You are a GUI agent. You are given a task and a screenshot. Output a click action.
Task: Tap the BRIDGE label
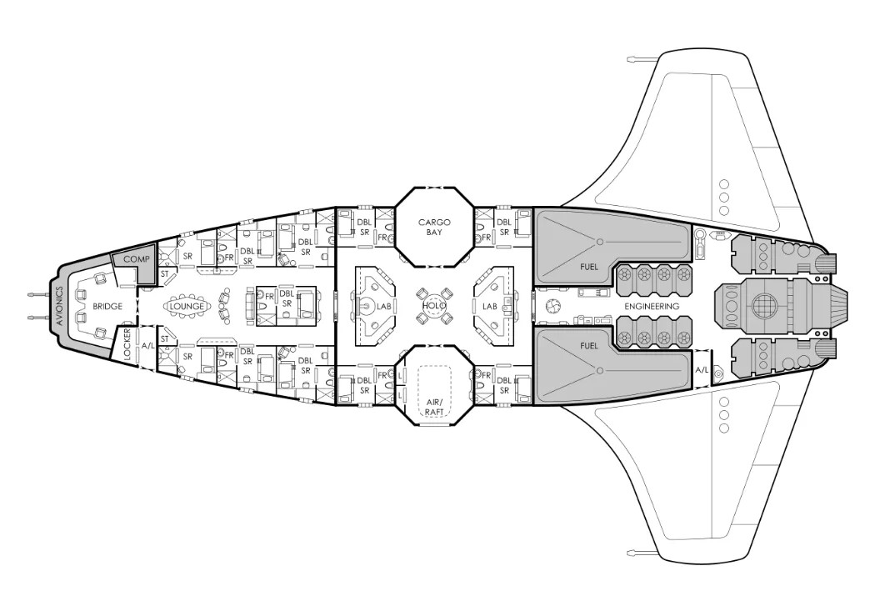pos(107,307)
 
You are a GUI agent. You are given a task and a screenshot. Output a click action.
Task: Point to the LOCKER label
pos(126,343)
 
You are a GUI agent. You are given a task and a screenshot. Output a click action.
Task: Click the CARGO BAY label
pos(434,227)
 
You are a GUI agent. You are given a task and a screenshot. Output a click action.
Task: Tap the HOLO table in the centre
pos(433,306)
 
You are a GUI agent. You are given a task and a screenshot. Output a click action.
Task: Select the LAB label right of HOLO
pos(489,307)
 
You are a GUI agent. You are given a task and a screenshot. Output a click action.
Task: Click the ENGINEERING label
pos(651,306)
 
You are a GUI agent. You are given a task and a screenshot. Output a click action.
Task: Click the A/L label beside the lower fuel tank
pos(702,369)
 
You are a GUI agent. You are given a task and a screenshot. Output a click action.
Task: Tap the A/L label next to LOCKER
pos(148,344)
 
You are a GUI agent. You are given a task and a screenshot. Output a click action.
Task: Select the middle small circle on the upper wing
pos(723,198)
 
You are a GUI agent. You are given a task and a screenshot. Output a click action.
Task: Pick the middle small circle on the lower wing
pos(723,414)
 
